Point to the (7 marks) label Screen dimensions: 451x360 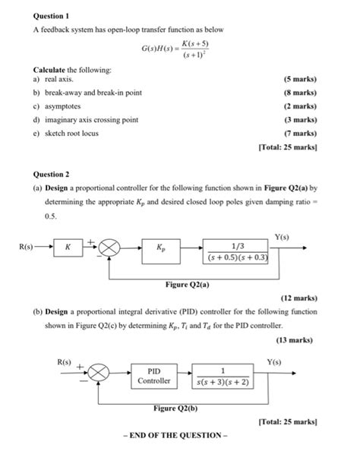[x=299, y=133]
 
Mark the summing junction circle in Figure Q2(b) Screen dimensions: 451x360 [x=98, y=374]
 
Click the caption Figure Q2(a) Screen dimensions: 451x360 [x=187, y=285]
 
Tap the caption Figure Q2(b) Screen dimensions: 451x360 [x=175, y=408]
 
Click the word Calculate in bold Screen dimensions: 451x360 [x=32, y=69]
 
